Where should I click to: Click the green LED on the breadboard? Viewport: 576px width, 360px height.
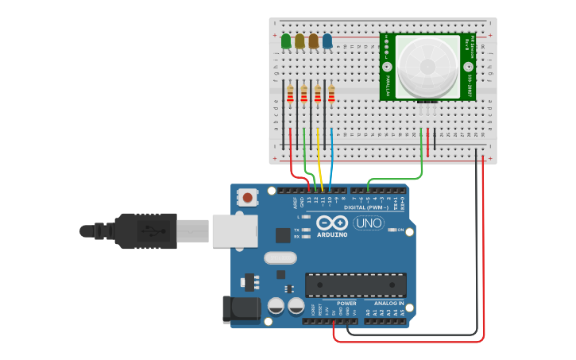(x=286, y=41)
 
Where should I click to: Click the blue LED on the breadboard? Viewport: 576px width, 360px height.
(x=327, y=41)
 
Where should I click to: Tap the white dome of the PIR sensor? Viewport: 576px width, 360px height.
(x=427, y=66)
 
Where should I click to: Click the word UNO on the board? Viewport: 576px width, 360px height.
(x=369, y=223)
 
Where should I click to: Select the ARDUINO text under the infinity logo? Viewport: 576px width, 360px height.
(x=333, y=234)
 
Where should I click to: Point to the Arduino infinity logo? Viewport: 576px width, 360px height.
(x=332, y=222)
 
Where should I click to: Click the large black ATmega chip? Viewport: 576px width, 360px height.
(x=355, y=285)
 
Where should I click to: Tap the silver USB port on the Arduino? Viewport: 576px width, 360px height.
(x=234, y=230)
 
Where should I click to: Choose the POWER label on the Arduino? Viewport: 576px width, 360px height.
(x=346, y=303)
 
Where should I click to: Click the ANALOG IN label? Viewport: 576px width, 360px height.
(x=385, y=303)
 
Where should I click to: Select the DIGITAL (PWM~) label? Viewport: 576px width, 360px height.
(x=366, y=207)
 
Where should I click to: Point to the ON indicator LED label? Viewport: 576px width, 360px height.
(x=400, y=230)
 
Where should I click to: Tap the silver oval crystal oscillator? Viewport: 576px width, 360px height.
(x=280, y=257)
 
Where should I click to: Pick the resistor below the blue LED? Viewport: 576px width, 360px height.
(x=331, y=96)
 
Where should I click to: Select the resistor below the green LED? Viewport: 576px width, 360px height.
(x=290, y=96)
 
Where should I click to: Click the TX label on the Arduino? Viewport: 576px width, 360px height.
(x=297, y=230)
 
